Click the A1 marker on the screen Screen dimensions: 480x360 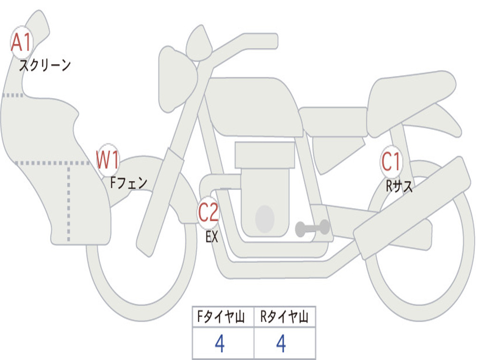pos(22,43)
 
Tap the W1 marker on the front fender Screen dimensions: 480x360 pos(107,159)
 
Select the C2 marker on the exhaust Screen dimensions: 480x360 pos(209,212)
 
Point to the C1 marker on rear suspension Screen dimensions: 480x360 pos(391,161)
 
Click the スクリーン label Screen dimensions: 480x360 pos(45,65)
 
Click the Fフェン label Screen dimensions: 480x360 pos(128,183)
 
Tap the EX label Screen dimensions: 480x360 pos(212,237)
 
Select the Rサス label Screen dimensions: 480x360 pos(399,186)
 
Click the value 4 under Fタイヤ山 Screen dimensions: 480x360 pos(220,343)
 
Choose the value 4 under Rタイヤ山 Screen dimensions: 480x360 pos(281,343)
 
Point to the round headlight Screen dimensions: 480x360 pos(178,80)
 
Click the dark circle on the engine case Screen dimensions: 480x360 pos(265,218)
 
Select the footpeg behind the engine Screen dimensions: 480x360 pos(312,228)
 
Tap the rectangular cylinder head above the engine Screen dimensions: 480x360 pos(265,155)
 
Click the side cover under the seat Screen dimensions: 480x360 pos(338,155)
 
